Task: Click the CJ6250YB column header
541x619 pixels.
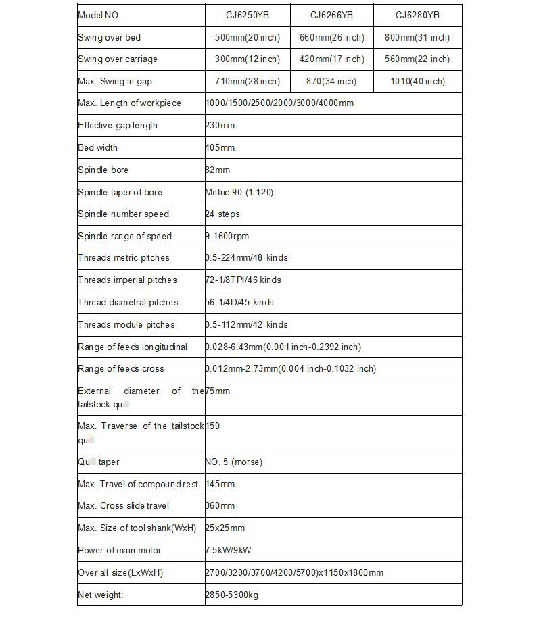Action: click(x=247, y=15)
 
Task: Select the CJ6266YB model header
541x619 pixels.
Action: click(x=331, y=15)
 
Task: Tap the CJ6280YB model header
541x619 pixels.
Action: click(x=417, y=15)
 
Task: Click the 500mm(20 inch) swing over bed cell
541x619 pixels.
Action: click(x=247, y=37)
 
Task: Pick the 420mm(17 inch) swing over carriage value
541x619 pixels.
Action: click(x=331, y=59)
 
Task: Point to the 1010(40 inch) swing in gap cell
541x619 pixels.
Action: click(x=417, y=82)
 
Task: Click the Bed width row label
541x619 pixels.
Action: click(x=98, y=147)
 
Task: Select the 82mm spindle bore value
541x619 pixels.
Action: click(x=218, y=170)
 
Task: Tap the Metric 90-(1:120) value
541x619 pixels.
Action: click(x=239, y=192)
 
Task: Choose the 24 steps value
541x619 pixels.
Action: click(x=222, y=214)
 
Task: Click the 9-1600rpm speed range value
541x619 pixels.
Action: click(x=227, y=236)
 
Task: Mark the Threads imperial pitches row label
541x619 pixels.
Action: click(x=127, y=280)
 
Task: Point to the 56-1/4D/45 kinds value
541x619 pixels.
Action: click(x=239, y=302)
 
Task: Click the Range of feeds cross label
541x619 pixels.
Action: click(x=121, y=368)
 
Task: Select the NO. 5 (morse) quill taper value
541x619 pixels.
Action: click(x=234, y=462)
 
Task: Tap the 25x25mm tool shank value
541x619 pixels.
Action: click(x=225, y=528)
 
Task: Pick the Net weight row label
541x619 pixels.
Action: click(x=101, y=595)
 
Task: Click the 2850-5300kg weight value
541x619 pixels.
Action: click(x=231, y=595)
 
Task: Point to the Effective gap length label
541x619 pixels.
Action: click(x=118, y=125)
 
